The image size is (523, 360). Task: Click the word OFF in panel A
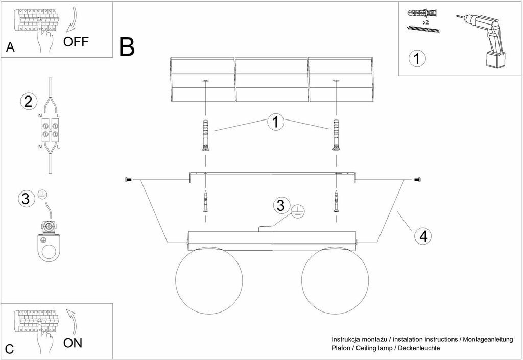[x=76, y=41]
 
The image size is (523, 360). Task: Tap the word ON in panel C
[x=73, y=343]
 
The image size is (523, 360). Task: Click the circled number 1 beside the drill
[x=417, y=58]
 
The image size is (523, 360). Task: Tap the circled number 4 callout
[x=421, y=236]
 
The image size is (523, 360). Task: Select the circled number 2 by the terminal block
[x=28, y=101]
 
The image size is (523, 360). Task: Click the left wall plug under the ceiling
[x=205, y=136]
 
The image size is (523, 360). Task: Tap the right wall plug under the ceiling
[x=336, y=136]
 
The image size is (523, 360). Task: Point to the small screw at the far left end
[x=128, y=180]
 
